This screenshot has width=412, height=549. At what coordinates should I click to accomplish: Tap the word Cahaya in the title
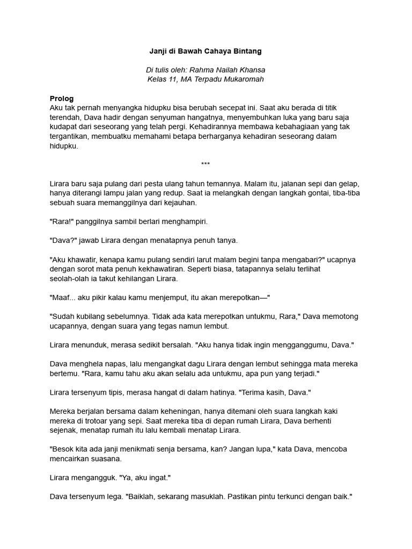tap(215, 51)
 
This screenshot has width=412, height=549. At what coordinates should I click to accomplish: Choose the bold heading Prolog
tap(62, 99)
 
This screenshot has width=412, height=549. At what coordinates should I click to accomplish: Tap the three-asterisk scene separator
tap(205, 164)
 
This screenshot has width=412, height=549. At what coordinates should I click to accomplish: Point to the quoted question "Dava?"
tap(63, 240)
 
